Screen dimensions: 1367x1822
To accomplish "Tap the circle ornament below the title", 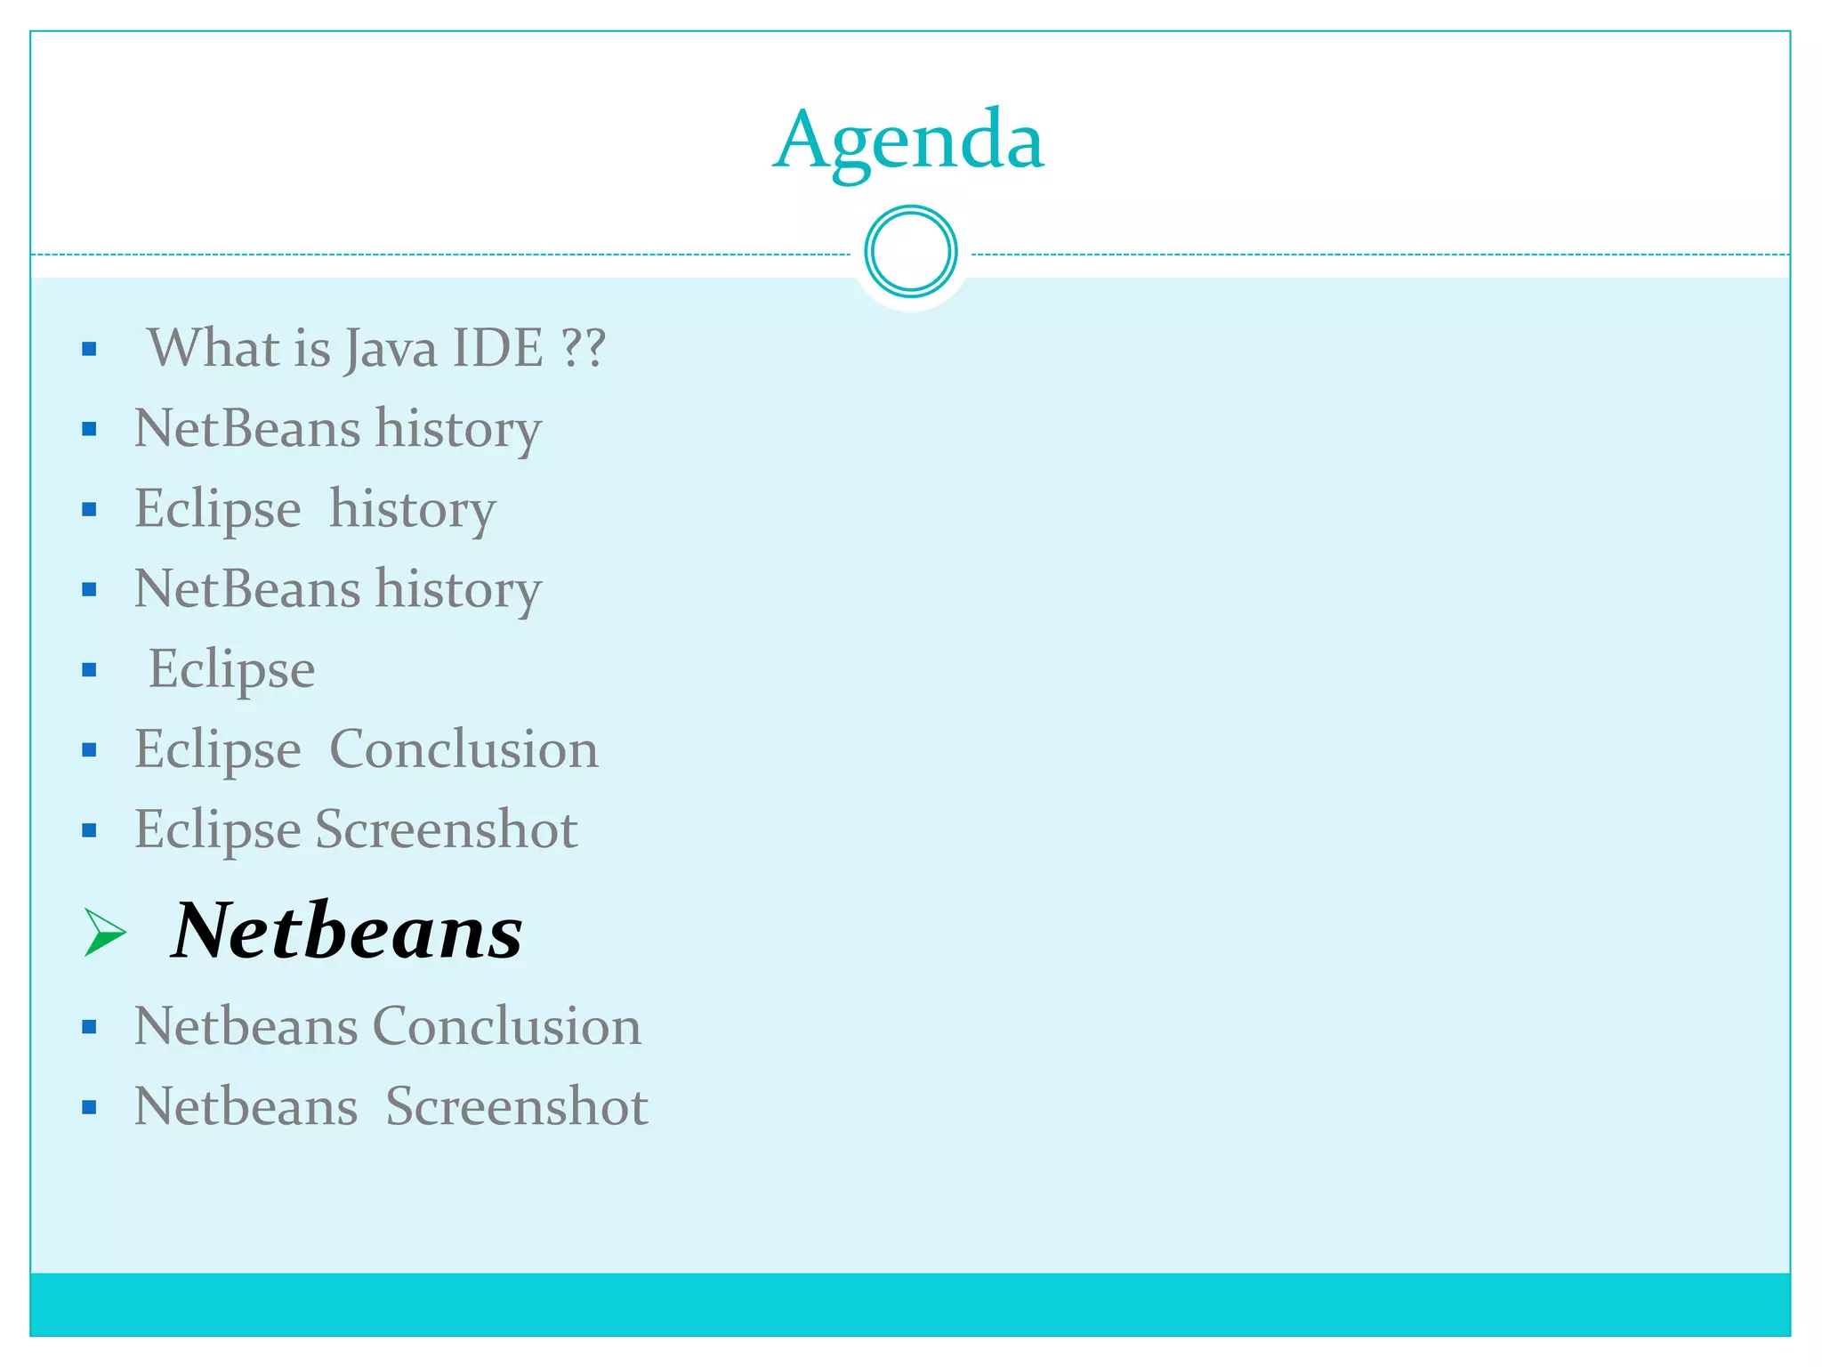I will pos(910,252).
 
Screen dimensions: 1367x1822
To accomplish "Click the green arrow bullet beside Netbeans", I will pos(105,932).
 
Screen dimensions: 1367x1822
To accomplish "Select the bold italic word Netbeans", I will pos(347,931).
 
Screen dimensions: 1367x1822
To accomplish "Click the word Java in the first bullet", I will pos(391,348).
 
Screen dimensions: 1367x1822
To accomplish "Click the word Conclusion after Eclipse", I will pos(464,749).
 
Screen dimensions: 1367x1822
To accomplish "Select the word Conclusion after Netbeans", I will pos(506,1026).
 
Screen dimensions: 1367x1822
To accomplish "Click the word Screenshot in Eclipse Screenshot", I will pos(447,829).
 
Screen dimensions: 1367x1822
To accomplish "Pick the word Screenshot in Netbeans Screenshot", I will pos(516,1106).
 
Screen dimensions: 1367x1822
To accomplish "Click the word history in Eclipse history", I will pos(413,509).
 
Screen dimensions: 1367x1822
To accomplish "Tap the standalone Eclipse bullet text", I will pos(231,669).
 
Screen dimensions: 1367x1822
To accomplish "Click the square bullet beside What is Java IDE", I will pos(89,349).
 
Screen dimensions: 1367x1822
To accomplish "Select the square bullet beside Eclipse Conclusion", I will pos(89,750).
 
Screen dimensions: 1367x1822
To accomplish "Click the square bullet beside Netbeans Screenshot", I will pos(89,1108).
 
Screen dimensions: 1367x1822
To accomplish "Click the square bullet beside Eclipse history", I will pos(89,510).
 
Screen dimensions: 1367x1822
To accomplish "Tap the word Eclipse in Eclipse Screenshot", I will pos(217,829).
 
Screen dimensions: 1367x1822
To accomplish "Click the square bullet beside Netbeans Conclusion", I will pos(89,1028).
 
